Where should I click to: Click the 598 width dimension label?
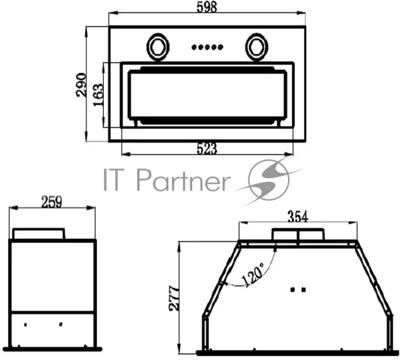pos(207,7)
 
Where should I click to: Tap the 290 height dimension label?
pos(82,85)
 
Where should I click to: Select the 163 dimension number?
pos(98,95)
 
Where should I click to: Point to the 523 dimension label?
pos(207,149)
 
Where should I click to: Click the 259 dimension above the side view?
pos(52,202)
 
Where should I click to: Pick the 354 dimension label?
pos(297,217)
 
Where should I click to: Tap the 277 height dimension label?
pos(174,298)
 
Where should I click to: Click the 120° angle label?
pos(253,274)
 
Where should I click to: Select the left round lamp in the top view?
pos(158,47)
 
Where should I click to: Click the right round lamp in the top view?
pos(257,47)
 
